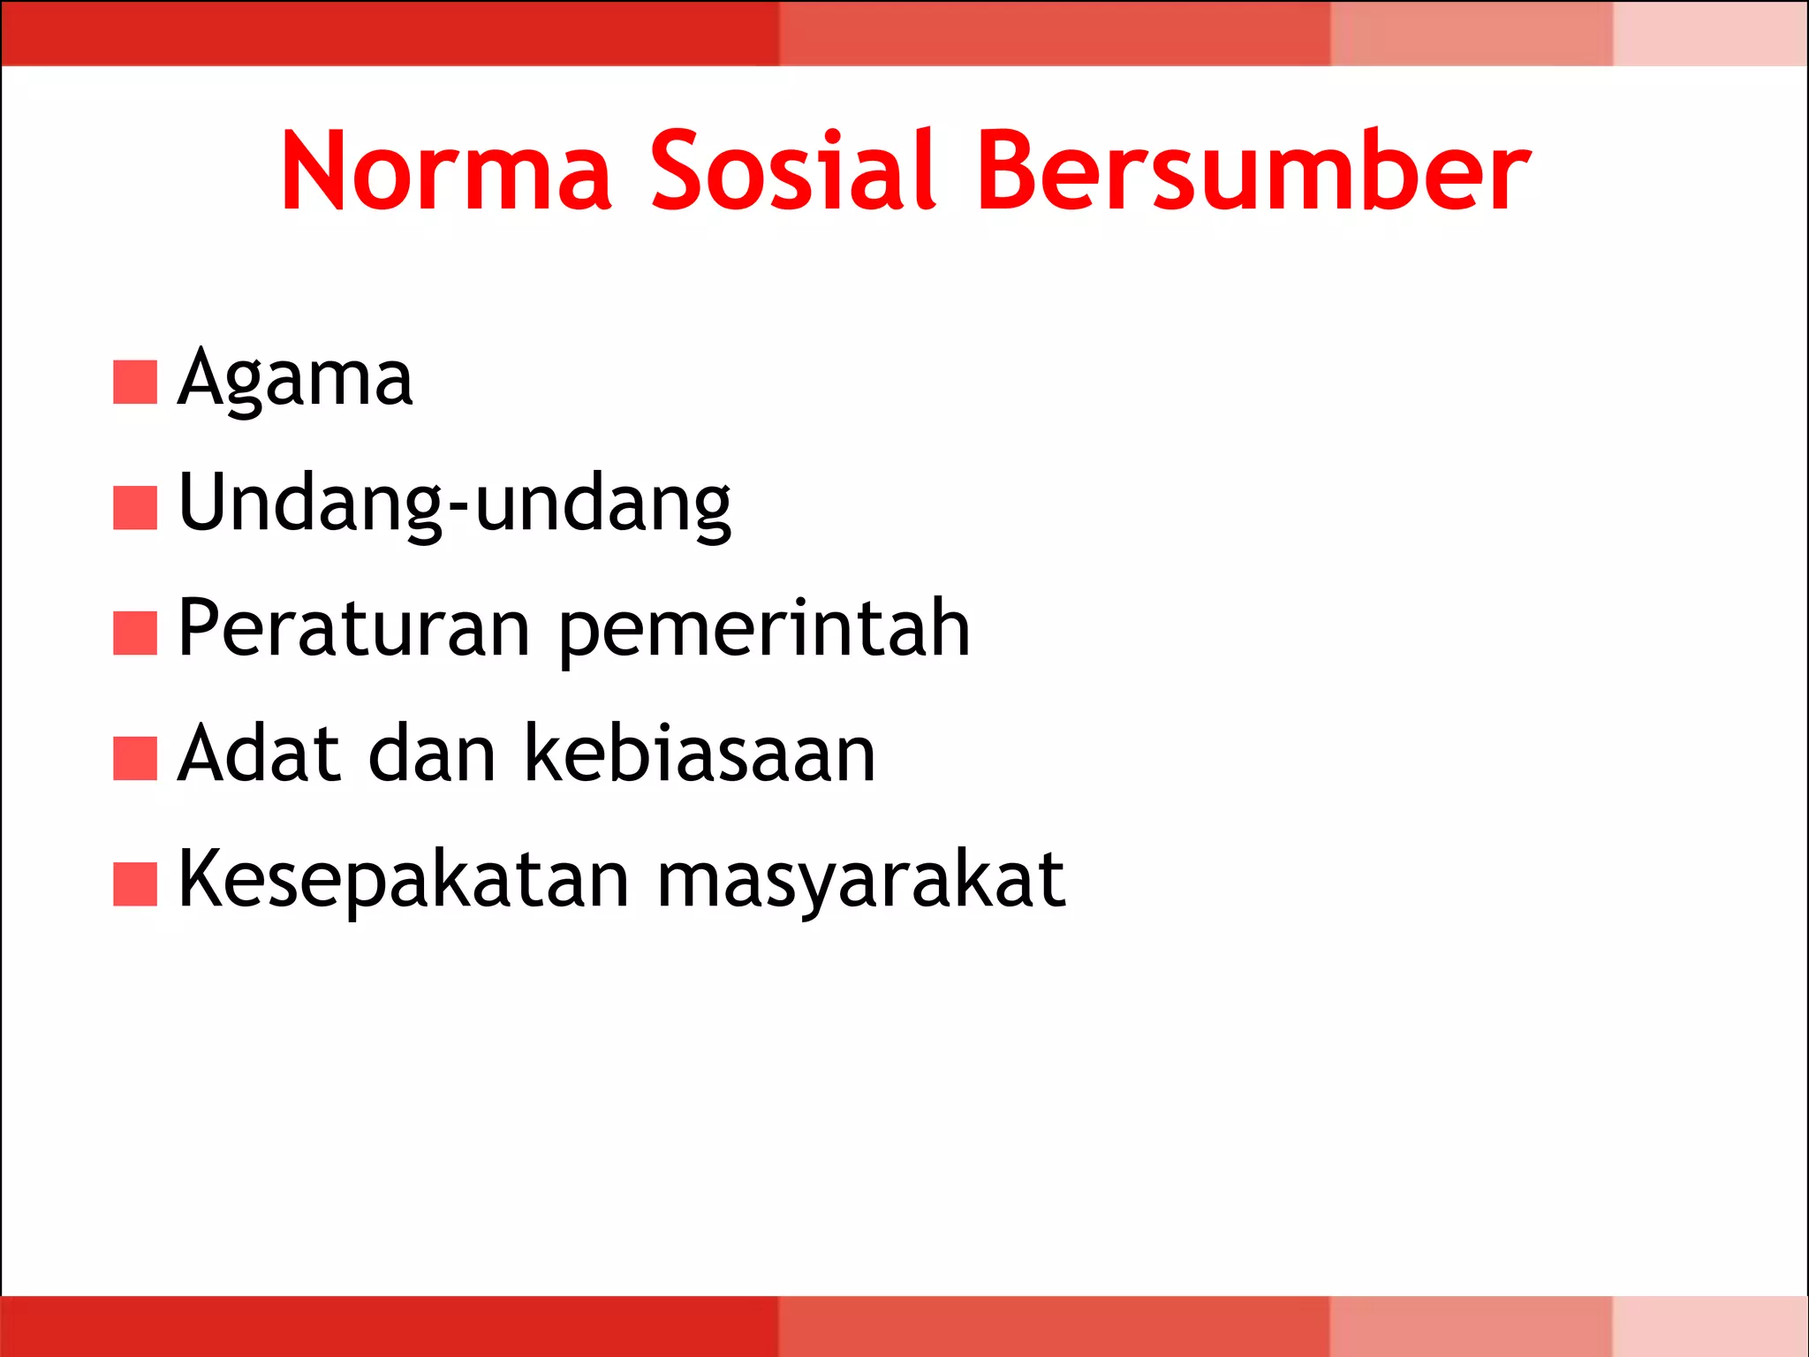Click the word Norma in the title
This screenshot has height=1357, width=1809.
click(446, 171)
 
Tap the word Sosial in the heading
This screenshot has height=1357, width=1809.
click(792, 171)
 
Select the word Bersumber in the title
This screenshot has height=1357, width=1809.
click(1253, 171)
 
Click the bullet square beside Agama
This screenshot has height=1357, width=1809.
click(135, 382)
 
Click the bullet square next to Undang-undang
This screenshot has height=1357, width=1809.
click(135, 507)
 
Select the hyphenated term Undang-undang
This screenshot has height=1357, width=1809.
click(454, 505)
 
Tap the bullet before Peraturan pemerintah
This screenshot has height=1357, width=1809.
click(135, 633)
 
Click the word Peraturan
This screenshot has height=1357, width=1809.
click(353, 629)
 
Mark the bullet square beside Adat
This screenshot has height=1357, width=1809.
click(135, 758)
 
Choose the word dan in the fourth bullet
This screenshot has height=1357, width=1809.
click(432, 754)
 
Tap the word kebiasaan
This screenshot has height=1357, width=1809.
click(700, 754)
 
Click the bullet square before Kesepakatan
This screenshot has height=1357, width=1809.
click(135, 884)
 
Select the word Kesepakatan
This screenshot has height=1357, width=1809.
click(404, 882)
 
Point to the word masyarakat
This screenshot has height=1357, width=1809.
click(861, 882)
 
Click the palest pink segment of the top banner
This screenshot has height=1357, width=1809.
click(1710, 33)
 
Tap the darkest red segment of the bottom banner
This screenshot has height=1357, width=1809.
click(389, 1326)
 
